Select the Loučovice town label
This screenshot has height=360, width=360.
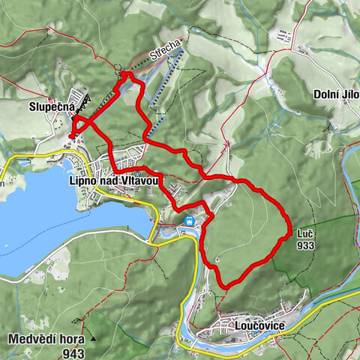point(244,327)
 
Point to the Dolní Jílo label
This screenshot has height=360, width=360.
point(335,95)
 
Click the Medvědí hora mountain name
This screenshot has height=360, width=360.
point(45,338)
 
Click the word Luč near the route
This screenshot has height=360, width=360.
point(304,233)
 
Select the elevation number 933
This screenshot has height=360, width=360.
point(304,245)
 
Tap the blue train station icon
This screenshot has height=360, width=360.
point(190,220)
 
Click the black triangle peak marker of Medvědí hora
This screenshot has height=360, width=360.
point(94,338)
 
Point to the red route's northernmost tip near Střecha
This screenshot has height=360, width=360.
point(124,73)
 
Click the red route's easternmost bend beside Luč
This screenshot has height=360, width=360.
point(289,234)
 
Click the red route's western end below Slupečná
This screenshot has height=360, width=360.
point(70,136)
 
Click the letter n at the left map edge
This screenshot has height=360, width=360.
point(3,182)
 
